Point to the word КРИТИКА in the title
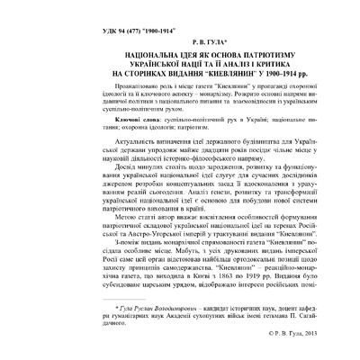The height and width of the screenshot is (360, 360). click(x=256, y=66)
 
